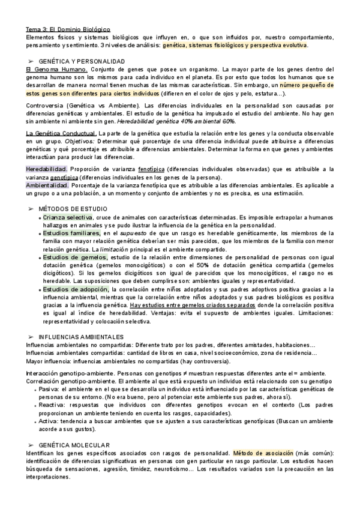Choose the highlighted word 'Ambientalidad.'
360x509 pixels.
pos(47,186)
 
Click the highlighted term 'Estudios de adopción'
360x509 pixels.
pos(73,289)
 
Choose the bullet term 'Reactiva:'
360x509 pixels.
pos(54,405)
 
